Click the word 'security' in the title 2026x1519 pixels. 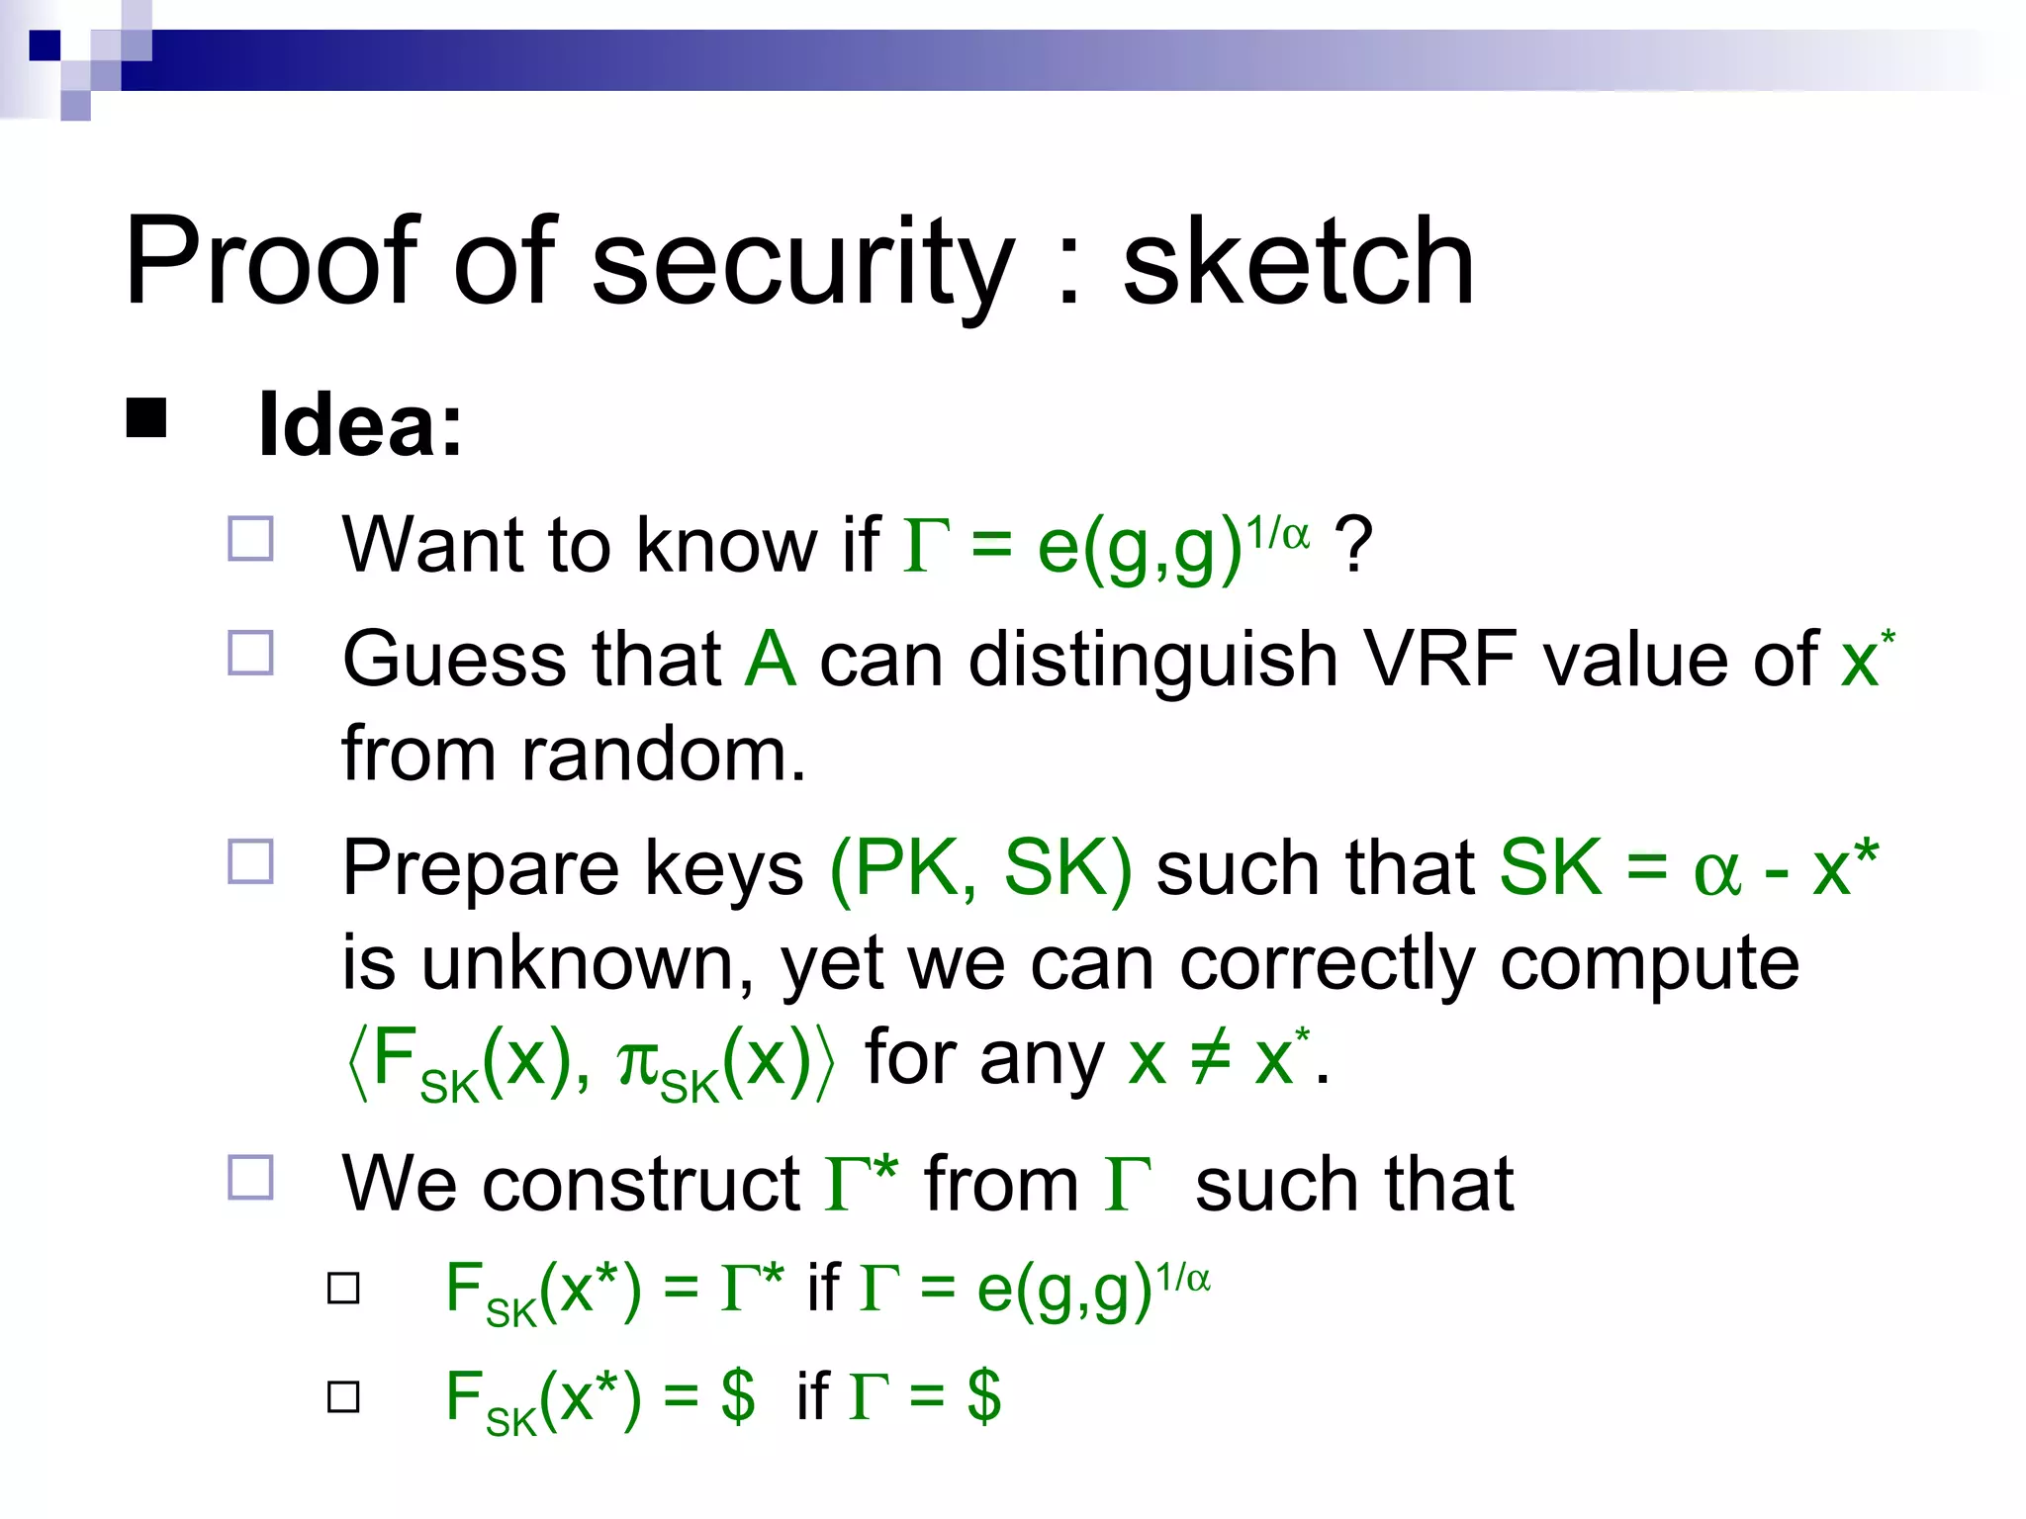point(802,262)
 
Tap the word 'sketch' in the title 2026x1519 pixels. point(1298,262)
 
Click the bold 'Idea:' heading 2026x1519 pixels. point(360,425)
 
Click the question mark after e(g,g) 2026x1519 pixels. point(1353,544)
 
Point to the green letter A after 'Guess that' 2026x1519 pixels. point(770,659)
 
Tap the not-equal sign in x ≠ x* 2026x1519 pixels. point(1211,1058)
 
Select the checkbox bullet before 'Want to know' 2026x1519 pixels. point(250,540)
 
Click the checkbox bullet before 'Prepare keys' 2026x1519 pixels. point(250,861)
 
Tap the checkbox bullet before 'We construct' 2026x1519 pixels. point(250,1177)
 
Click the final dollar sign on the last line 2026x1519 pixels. point(984,1396)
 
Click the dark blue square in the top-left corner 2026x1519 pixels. point(45,45)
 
